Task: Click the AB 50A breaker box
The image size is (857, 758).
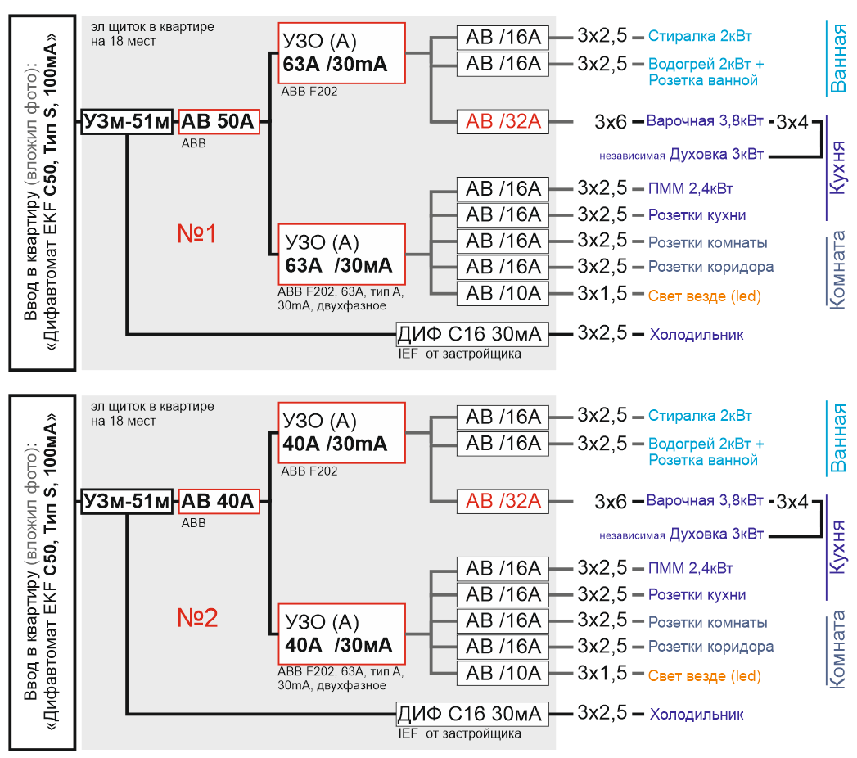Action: point(219,121)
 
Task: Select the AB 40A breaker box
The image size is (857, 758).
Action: point(219,501)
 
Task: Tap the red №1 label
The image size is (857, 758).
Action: point(196,234)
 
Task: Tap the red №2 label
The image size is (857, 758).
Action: point(197,617)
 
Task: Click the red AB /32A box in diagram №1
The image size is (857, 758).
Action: point(503,121)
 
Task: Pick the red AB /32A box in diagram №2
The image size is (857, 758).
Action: point(503,501)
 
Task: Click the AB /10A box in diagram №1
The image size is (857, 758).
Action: point(503,294)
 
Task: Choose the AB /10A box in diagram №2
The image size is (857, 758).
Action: point(503,674)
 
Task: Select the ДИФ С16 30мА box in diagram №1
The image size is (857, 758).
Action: point(472,334)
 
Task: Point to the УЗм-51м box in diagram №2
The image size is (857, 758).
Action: point(127,501)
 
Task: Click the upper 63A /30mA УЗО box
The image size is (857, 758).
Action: point(341,53)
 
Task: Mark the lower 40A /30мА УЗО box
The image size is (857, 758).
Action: point(341,634)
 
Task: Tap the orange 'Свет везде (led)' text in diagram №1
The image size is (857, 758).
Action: point(705,296)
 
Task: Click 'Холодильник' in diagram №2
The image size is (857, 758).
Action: point(697,715)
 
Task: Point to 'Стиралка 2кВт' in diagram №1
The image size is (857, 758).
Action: point(700,36)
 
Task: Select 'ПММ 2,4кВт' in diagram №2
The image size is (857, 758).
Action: point(690,568)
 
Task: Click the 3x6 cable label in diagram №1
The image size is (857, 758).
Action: point(610,122)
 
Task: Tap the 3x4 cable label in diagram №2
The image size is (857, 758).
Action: point(792,502)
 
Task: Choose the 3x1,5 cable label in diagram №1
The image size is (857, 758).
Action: point(602,294)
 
